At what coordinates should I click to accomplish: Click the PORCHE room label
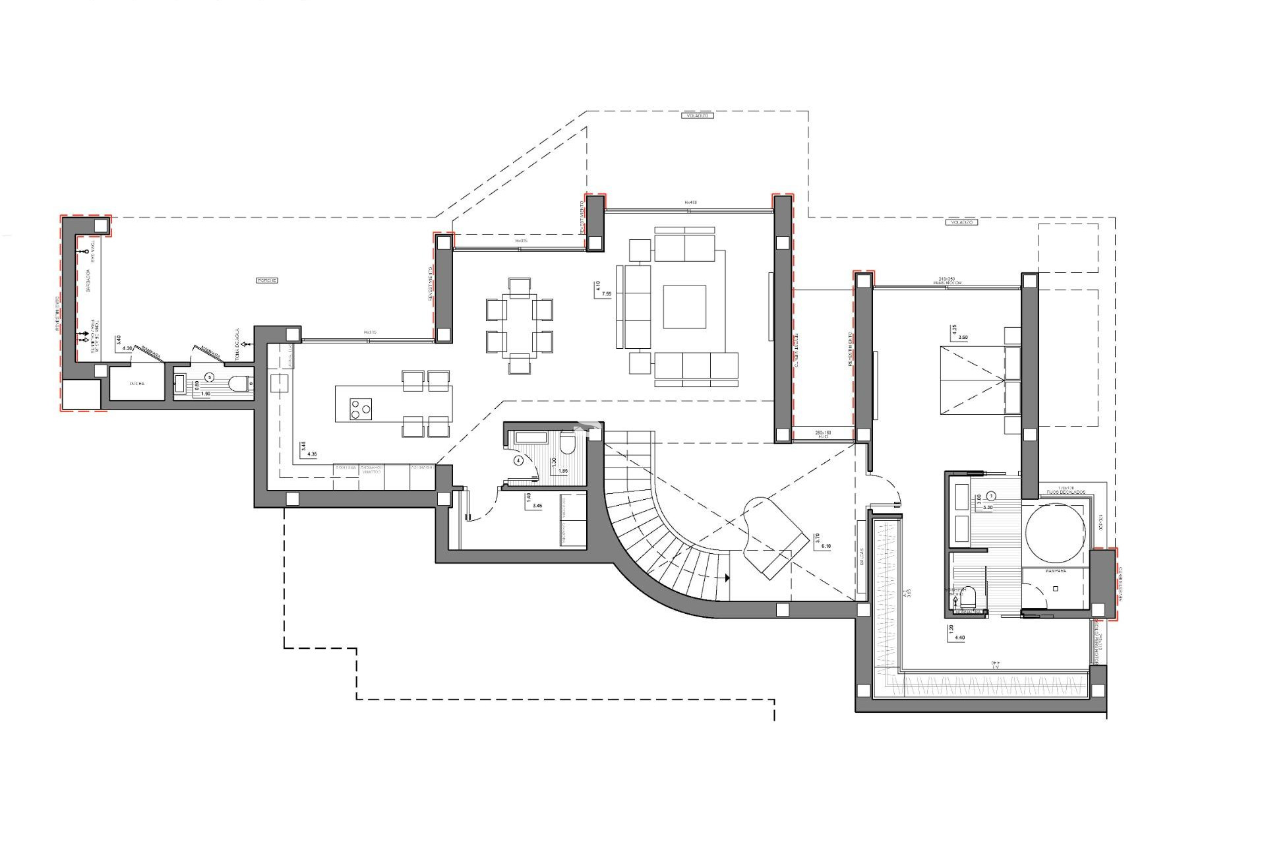pyautogui.click(x=266, y=280)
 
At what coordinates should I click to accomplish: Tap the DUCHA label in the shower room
pyautogui.click(x=136, y=383)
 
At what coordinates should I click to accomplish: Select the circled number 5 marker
pyautogui.click(x=210, y=377)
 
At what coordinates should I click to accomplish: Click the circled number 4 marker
pyautogui.click(x=518, y=461)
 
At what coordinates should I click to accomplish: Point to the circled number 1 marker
pyautogui.click(x=993, y=495)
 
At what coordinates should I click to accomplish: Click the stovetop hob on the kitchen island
pyautogui.click(x=360, y=409)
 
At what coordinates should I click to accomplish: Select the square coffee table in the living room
pyautogui.click(x=684, y=307)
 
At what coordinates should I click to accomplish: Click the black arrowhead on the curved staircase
pyautogui.click(x=727, y=578)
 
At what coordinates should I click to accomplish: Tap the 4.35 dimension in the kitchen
pyautogui.click(x=312, y=454)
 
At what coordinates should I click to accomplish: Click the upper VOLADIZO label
pyautogui.click(x=696, y=115)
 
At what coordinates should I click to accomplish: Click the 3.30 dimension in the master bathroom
pyautogui.click(x=987, y=507)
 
